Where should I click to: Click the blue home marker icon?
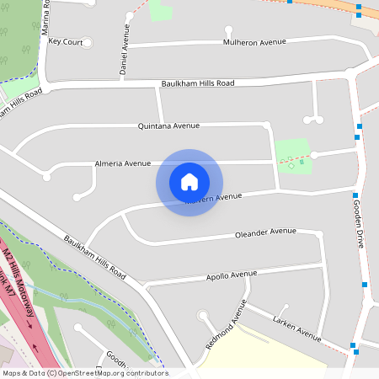point(189,182)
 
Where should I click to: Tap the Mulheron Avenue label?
point(255,41)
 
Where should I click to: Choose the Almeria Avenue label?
point(123,163)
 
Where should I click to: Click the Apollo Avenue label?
point(232,275)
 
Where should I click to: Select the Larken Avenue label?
point(296,328)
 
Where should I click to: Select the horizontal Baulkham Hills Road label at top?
point(197,83)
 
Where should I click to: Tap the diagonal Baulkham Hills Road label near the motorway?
point(93,258)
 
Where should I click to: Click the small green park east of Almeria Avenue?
point(293,156)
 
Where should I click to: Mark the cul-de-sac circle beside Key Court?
point(87,41)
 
